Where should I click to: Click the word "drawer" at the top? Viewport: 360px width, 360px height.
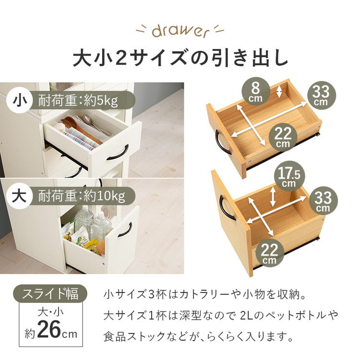(x=180, y=31)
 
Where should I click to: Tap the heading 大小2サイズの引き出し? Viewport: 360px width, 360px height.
(x=180, y=59)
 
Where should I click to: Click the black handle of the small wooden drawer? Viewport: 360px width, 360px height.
(x=222, y=142)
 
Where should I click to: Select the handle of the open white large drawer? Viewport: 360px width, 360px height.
(x=125, y=230)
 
